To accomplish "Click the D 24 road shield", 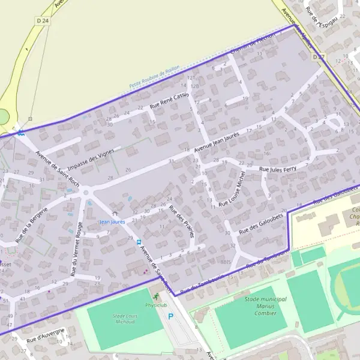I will [41, 21].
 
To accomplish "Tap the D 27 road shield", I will [319, 57].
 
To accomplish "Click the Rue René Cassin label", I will [169, 100].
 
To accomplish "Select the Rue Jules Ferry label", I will [278, 170].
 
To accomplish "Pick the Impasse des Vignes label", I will [91, 159].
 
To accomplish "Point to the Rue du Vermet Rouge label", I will [76, 249].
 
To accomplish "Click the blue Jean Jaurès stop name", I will [112, 222].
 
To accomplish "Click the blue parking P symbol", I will [170, 316].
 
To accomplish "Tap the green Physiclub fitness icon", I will [157, 296].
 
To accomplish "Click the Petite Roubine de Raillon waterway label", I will [155, 77].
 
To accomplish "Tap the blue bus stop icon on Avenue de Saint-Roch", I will [139, 242].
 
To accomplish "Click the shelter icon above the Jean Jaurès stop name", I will [114, 213].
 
